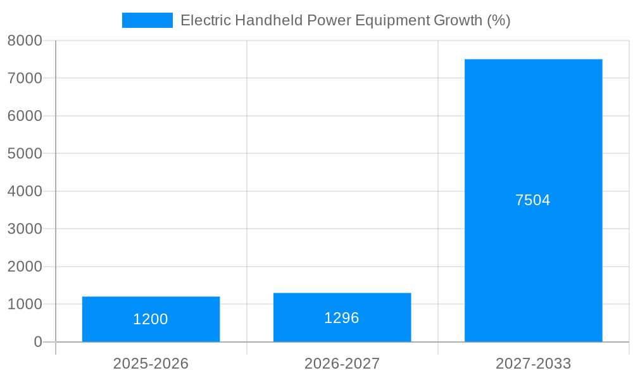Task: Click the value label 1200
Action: pyautogui.click(x=151, y=319)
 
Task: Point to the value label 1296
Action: pyautogui.click(x=342, y=318)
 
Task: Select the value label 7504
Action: pyautogui.click(x=533, y=200)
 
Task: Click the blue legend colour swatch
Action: pyautogui.click(x=147, y=20)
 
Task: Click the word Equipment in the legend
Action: pyautogui.click(x=392, y=20)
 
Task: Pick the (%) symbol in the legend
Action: pyautogui.click(x=499, y=20)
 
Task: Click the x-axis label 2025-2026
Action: pyautogui.click(x=151, y=364)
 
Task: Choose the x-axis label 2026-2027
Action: pyautogui.click(x=342, y=364)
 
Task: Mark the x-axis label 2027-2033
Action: pyautogui.click(x=533, y=364)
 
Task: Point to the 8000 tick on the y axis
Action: pyautogui.click(x=25, y=41)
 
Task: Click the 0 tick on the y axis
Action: pyautogui.click(x=38, y=342)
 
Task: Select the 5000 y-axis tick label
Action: pyautogui.click(x=25, y=154)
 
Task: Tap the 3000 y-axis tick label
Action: pyautogui.click(x=25, y=229)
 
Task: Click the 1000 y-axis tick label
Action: pyautogui.click(x=25, y=305)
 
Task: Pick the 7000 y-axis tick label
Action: pyautogui.click(x=25, y=79)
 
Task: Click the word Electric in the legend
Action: pyautogui.click(x=206, y=20)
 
